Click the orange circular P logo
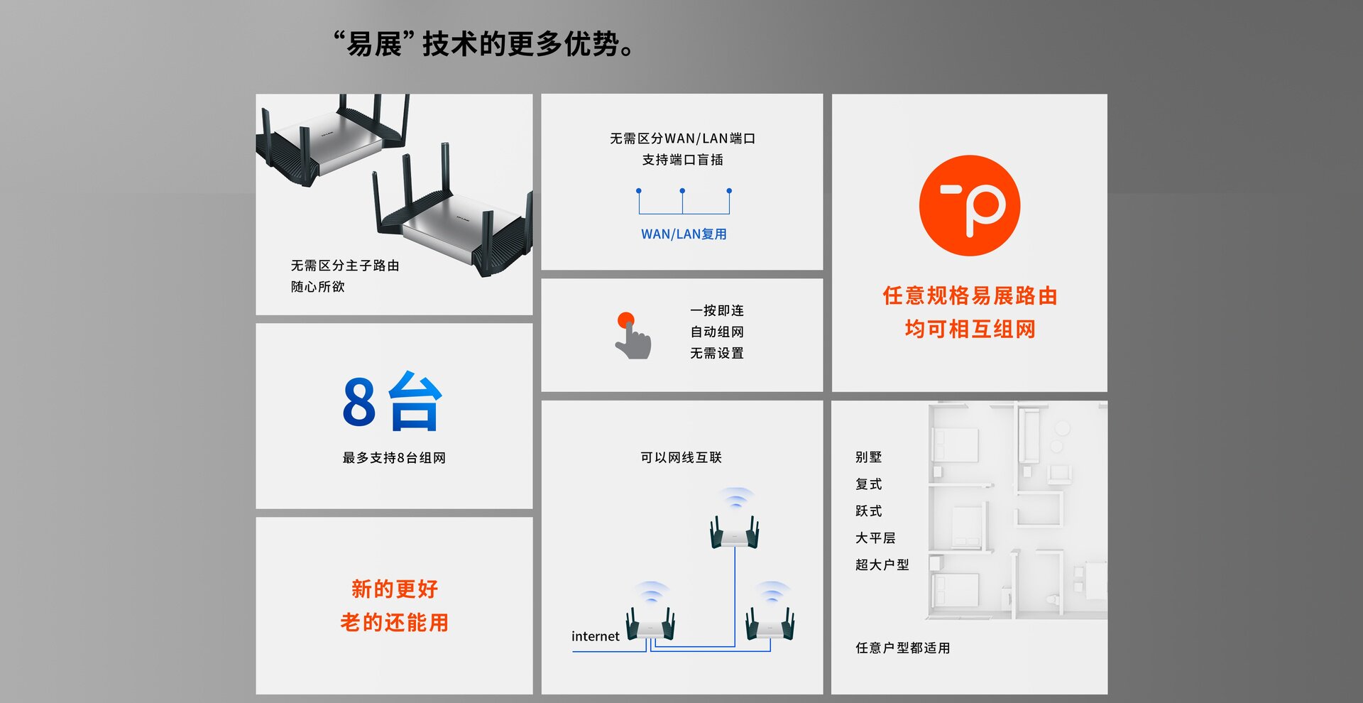click(x=969, y=206)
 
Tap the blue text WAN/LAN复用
click(x=684, y=234)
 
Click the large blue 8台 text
click(x=393, y=402)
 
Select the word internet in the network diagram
click(x=595, y=636)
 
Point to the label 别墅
click(x=868, y=457)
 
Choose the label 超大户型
click(x=882, y=565)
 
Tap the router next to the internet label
click(x=650, y=623)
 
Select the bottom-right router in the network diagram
click(x=770, y=623)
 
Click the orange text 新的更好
click(x=395, y=589)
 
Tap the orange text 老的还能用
click(x=395, y=623)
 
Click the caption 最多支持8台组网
click(x=394, y=458)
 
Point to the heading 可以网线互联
click(x=681, y=457)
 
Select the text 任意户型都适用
click(x=902, y=648)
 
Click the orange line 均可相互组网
click(x=970, y=329)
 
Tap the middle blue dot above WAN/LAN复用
click(x=682, y=191)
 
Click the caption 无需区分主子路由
click(x=345, y=266)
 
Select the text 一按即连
click(x=717, y=311)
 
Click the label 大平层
click(x=875, y=538)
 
